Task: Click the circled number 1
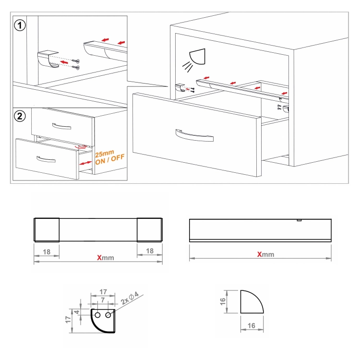pos(20,25)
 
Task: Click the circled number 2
pos(20,116)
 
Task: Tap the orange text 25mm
pos(105,153)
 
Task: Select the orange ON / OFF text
pos(110,159)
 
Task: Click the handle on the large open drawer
pos(194,135)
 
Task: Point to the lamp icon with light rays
pos(194,60)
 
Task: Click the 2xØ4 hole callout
pos(130,298)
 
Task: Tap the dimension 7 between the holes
pos(103,300)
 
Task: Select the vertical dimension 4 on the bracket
pos(77,312)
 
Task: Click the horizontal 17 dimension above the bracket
pos(103,292)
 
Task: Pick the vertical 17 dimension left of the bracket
pos(68,319)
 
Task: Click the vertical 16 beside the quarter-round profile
pos(223,301)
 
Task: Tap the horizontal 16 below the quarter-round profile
pos(252,325)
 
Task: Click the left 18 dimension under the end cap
pos(47,252)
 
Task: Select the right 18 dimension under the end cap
pos(150,251)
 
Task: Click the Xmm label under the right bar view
pos(265,254)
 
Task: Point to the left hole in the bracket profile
pos(97,315)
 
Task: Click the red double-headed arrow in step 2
pos(85,163)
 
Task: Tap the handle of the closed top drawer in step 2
pos(61,127)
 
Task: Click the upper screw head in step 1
pos(78,61)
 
